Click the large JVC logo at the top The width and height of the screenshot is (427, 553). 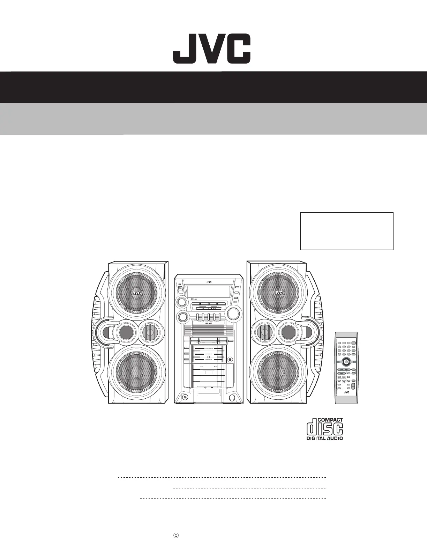pos(212,49)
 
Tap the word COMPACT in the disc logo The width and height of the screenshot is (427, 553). pos(330,420)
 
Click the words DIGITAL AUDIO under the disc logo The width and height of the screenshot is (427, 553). pos(324,438)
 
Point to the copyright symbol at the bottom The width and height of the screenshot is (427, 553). pos(176,535)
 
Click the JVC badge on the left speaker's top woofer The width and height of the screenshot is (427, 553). pos(136,293)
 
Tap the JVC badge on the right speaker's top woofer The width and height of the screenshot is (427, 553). pos(278,293)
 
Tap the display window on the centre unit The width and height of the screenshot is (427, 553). pos(209,291)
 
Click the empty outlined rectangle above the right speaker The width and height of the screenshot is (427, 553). pos(347,231)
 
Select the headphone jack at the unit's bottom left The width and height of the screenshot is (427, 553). pos(185,397)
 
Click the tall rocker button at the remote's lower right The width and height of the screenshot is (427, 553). pos(353,386)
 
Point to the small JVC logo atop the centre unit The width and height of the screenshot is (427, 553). pos(209,281)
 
